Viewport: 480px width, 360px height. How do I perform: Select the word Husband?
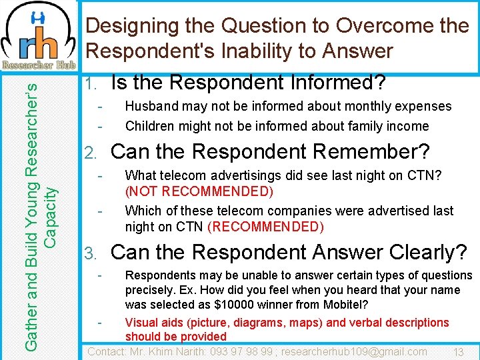point(151,106)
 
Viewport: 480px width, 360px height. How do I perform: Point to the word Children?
point(151,126)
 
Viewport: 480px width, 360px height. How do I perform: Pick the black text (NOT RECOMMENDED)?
point(199,192)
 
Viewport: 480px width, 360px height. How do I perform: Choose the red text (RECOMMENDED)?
point(266,227)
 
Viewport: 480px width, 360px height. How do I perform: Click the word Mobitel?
point(346,305)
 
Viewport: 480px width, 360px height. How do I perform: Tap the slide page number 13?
point(458,352)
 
